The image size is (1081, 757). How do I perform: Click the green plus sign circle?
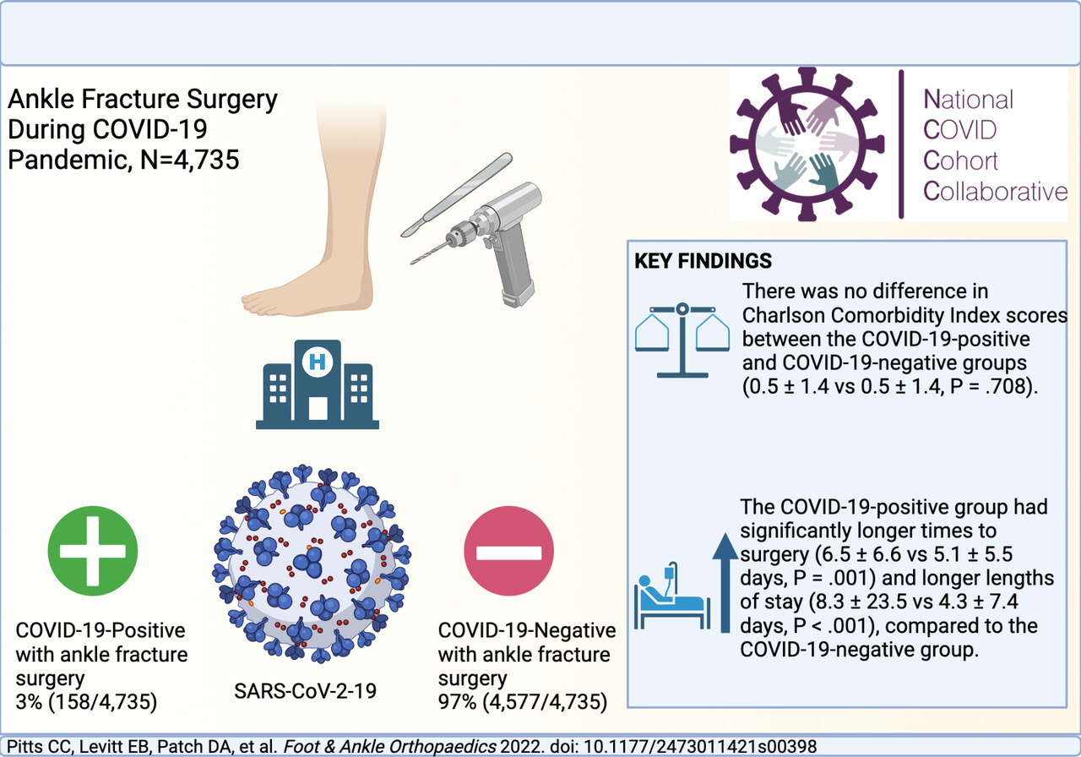click(93, 550)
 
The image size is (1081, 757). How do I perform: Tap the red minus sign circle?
click(508, 550)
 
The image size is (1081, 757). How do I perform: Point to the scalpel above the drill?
click(456, 194)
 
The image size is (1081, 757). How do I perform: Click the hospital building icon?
click(318, 384)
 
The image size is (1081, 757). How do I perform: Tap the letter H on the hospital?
click(317, 362)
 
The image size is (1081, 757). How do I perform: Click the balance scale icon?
click(682, 340)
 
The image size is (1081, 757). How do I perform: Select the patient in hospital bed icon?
click(671, 596)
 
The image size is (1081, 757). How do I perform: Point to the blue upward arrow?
click(725, 582)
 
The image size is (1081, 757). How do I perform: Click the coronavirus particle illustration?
click(312, 563)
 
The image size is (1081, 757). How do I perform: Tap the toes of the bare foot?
click(258, 303)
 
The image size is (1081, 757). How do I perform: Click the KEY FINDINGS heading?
click(703, 261)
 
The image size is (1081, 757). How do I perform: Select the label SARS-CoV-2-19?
click(305, 691)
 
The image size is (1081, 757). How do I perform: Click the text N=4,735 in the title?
click(189, 160)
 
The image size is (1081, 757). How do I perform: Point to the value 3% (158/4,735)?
click(86, 702)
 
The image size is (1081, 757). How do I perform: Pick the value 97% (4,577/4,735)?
click(522, 702)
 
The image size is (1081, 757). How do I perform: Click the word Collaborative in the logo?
click(995, 192)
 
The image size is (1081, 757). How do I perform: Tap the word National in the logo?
click(968, 100)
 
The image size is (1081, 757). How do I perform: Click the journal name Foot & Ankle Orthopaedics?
click(389, 747)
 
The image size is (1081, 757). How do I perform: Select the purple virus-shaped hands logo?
click(807, 144)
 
